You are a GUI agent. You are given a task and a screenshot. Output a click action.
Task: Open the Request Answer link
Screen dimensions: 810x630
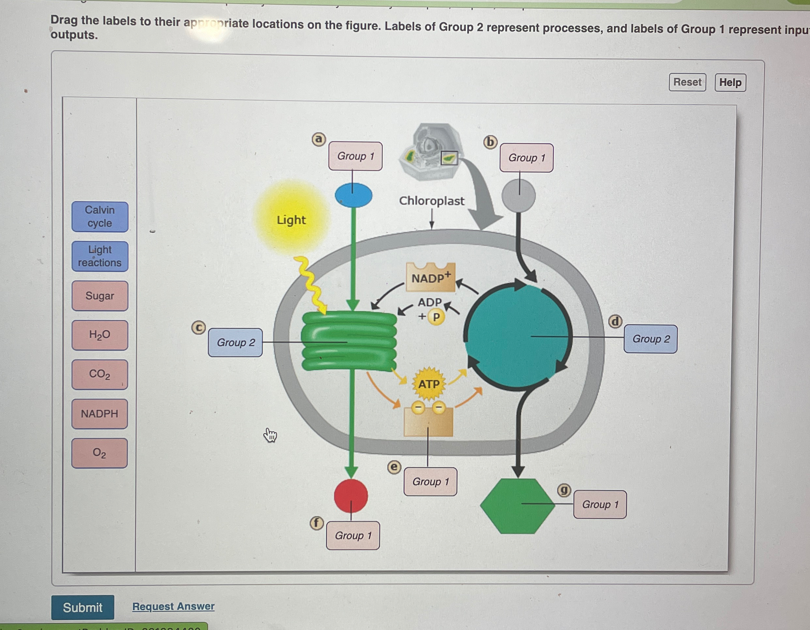point(173,606)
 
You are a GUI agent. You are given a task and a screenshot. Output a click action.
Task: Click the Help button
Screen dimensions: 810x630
point(730,82)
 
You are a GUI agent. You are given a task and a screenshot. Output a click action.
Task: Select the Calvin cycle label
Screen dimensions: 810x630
point(100,217)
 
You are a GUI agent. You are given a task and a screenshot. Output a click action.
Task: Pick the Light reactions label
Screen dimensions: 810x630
point(100,256)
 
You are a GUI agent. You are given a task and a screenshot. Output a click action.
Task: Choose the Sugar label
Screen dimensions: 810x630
point(100,296)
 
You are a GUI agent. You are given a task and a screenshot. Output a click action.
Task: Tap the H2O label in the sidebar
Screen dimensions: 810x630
point(100,335)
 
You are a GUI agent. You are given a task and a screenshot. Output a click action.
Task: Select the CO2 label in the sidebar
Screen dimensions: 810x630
point(100,374)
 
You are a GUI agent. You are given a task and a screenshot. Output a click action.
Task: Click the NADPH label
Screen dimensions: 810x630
point(100,414)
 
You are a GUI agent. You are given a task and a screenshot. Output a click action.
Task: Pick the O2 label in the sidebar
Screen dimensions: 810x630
point(100,453)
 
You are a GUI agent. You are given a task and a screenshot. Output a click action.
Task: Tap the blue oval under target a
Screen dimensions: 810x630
point(353,195)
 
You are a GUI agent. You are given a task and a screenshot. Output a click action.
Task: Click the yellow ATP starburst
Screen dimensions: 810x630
point(429,384)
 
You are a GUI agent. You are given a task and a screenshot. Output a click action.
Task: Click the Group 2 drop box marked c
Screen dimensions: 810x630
point(235,343)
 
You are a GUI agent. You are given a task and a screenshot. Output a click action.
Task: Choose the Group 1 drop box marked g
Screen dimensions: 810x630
point(600,504)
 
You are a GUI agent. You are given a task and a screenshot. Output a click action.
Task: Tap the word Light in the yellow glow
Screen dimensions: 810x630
point(291,220)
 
